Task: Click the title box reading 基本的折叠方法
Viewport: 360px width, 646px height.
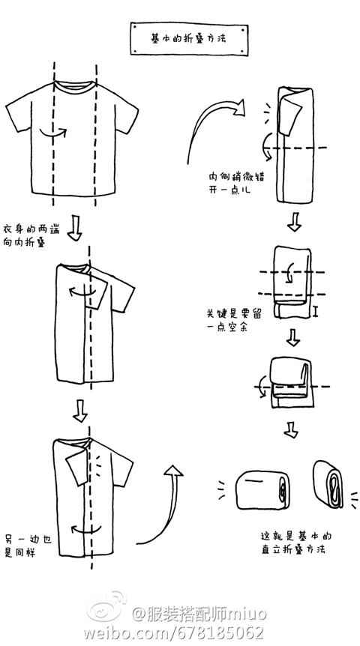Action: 189,39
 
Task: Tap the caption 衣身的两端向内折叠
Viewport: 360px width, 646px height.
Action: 31,235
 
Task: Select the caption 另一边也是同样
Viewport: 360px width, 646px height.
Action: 28,546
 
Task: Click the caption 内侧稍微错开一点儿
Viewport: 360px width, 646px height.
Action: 236,184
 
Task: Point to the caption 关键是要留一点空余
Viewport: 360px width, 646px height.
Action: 233,320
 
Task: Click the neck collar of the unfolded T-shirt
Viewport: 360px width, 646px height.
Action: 76,85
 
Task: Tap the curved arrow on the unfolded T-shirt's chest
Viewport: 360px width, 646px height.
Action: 52,133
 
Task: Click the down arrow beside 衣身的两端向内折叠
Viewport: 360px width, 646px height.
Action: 75,227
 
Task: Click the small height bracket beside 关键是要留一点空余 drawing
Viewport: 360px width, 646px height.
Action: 315,311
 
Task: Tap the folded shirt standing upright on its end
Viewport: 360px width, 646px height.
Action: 328,484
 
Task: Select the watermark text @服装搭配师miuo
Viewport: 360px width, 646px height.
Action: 199,614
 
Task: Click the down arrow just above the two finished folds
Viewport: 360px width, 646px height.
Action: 291,429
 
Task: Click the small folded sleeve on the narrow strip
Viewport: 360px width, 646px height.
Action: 292,118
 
